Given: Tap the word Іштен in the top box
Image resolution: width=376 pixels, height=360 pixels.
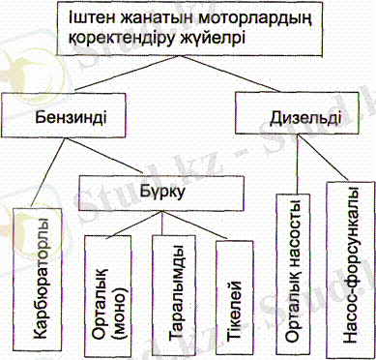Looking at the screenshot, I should pos(94,21).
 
